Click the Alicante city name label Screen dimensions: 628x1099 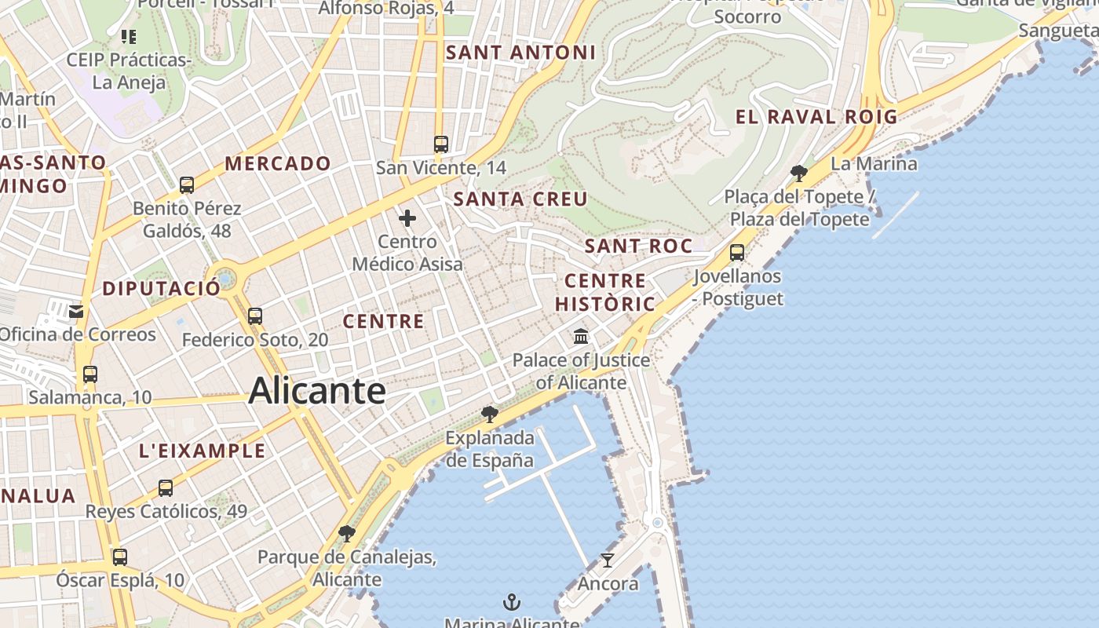317,391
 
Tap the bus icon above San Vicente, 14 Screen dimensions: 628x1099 441,144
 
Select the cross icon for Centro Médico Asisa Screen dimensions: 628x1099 407,218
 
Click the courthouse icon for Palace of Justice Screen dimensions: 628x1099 581,337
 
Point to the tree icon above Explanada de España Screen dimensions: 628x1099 490,414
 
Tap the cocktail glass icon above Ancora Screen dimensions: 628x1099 608,560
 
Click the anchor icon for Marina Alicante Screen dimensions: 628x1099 512,602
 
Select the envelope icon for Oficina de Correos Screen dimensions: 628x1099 76,312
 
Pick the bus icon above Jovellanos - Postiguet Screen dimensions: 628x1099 737,253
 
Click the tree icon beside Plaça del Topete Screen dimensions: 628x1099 799,173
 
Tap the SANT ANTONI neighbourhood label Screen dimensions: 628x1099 520,53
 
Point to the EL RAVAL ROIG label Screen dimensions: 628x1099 816,117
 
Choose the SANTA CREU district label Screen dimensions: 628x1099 520,199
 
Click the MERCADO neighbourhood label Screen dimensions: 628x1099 278,163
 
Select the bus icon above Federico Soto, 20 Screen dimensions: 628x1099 255,316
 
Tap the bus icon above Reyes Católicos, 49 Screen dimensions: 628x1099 166,488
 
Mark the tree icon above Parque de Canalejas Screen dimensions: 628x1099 346,534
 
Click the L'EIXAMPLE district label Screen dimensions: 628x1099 203,451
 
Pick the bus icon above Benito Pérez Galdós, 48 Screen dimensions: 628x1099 187,185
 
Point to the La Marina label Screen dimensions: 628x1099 874,164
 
